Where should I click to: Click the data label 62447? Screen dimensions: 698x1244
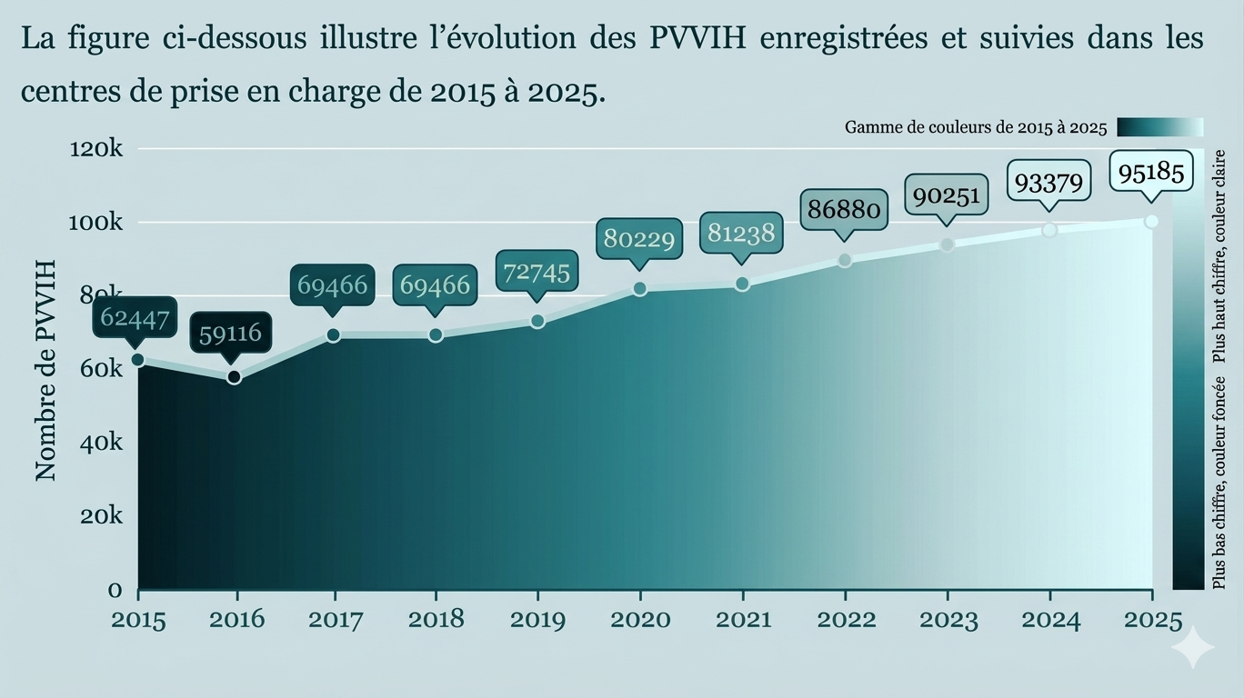coord(133,318)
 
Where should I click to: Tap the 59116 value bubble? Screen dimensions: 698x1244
coord(230,334)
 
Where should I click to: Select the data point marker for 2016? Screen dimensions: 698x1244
coord(235,376)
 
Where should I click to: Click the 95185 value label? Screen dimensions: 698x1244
coord(1151,172)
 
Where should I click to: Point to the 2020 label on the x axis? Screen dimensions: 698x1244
coord(640,620)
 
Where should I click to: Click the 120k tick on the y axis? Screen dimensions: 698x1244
coord(96,148)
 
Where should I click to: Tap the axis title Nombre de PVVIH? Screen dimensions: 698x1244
coord(45,370)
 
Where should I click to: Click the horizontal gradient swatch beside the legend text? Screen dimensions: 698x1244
coord(1159,127)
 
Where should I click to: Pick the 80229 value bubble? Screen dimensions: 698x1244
coord(639,239)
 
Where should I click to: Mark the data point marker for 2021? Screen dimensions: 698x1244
coord(742,284)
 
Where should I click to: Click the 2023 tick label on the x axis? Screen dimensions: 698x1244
coord(948,620)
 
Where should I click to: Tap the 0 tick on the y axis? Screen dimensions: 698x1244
coord(115,590)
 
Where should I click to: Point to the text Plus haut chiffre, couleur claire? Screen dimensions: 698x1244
coord(1220,256)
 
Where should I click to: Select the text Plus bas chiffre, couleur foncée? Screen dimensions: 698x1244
coord(1220,482)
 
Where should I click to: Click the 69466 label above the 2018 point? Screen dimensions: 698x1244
coord(435,285)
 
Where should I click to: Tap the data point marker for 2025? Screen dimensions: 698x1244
coord(1151,222)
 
